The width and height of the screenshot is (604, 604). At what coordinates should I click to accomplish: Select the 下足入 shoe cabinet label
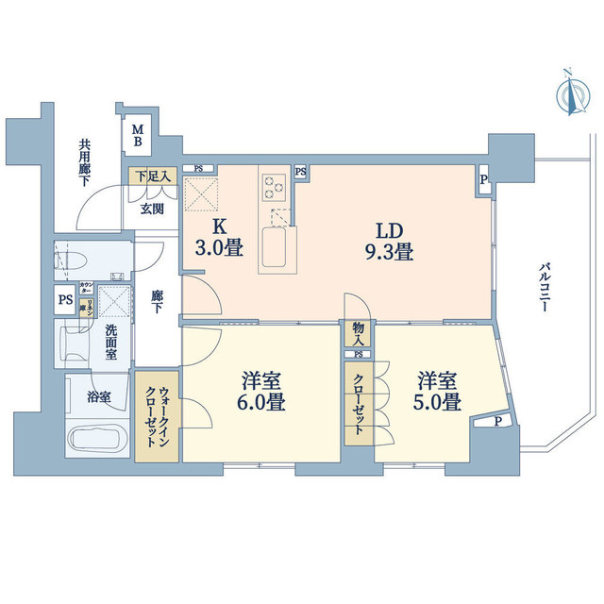(x=152, y=176)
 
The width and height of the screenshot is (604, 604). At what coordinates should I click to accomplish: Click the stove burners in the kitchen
(x=276, y=184)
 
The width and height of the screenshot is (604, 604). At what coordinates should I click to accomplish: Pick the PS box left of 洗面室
(x=65, y=301)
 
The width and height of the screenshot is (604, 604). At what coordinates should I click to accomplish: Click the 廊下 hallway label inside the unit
(x=158, y=301)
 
